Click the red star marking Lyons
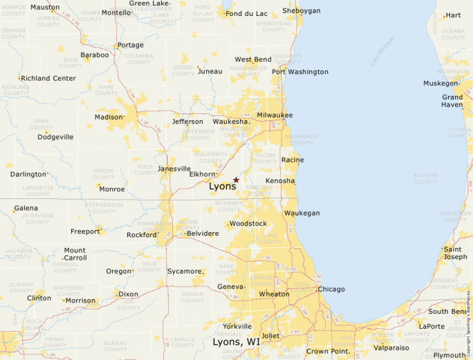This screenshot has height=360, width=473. [x=236, y=180]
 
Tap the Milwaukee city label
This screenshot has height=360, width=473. [x=275, y=115]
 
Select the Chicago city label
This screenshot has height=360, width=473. [x=331, y=289]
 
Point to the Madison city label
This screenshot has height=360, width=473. [x=108, y=117]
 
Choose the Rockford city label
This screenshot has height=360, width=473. [x=142, y=235]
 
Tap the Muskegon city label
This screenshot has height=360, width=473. [x=440, y=83]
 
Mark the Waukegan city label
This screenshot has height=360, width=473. [x=302, y=213]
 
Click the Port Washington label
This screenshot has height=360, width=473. [x=300, y=71]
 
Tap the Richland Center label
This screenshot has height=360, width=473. [x=48, y=78]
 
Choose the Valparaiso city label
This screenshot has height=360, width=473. [x=391, y=348]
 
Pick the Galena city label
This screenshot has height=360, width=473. [x=26, y=208]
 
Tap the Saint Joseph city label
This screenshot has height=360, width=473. [x=455, y=253]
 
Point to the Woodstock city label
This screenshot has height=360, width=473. [x=248, y=224]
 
